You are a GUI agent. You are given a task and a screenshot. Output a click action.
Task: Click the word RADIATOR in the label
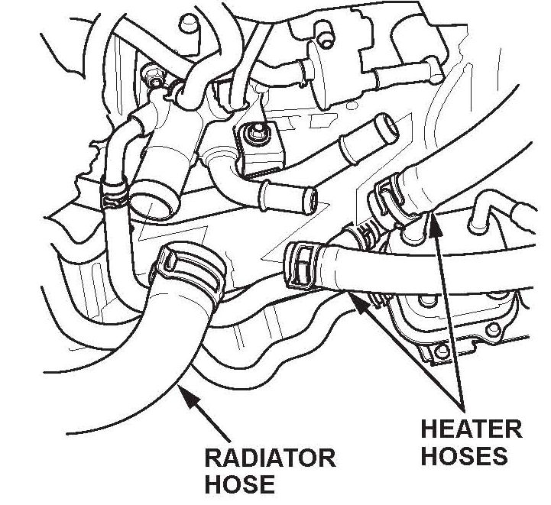(269, 458)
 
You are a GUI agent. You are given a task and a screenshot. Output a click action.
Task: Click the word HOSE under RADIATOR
(239, 484)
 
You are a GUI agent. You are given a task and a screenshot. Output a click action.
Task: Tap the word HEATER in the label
(471, 429)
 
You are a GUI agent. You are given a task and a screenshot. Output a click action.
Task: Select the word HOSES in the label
(464, 456)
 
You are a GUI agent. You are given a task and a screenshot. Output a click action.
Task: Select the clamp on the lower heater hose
(301, 262)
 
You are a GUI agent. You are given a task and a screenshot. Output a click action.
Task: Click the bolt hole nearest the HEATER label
(438, 352)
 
